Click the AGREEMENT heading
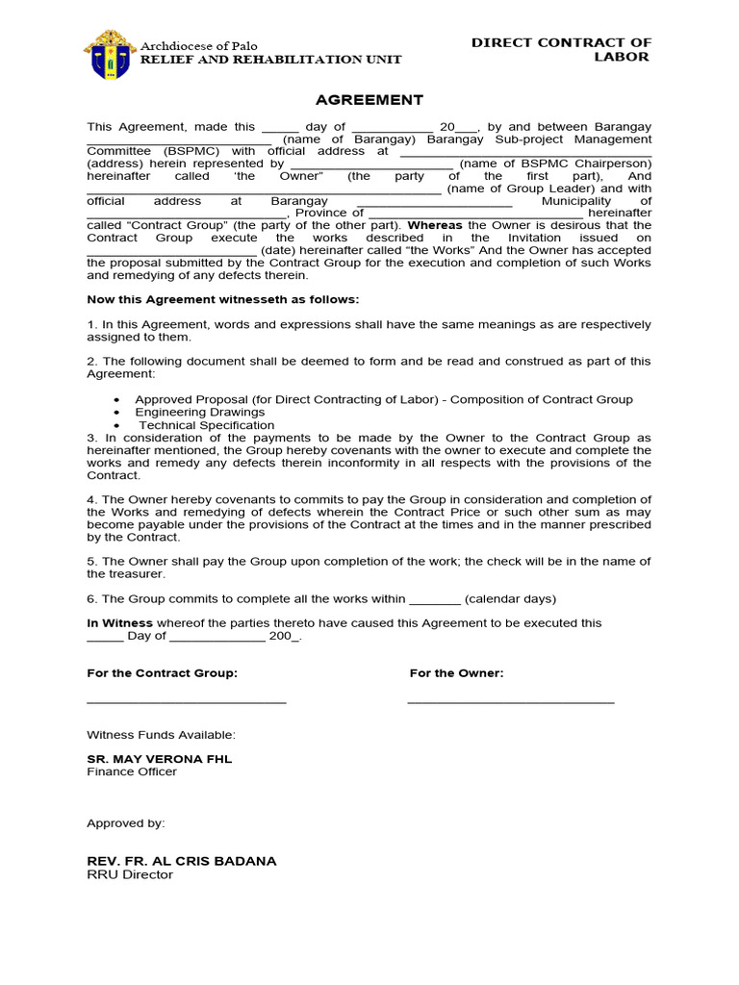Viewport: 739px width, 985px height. click(x=369, y=100)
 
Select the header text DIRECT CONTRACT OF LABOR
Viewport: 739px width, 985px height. click(x=561, y=49)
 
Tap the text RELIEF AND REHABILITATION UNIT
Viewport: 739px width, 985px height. click(x=271, y=60)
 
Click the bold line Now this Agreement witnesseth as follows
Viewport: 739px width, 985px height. click(x=223, y=299)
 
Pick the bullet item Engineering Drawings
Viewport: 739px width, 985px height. click(x=199, y=412)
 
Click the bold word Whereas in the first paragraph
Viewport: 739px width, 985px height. click(x=436, y=225)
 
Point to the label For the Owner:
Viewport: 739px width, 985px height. click(x=456, y=673)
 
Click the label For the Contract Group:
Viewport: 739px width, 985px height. click(x=162, y=673)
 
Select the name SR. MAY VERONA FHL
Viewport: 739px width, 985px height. click(x=160, y=759)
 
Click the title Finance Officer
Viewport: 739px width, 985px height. click(x=132, y=771)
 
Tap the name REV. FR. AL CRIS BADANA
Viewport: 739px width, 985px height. click(x=182, y=861)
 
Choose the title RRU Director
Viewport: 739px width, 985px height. click(x=130, y=874)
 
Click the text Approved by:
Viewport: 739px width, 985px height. click(x=126, y=823)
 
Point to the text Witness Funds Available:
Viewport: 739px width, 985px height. click(x=161, y=735)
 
